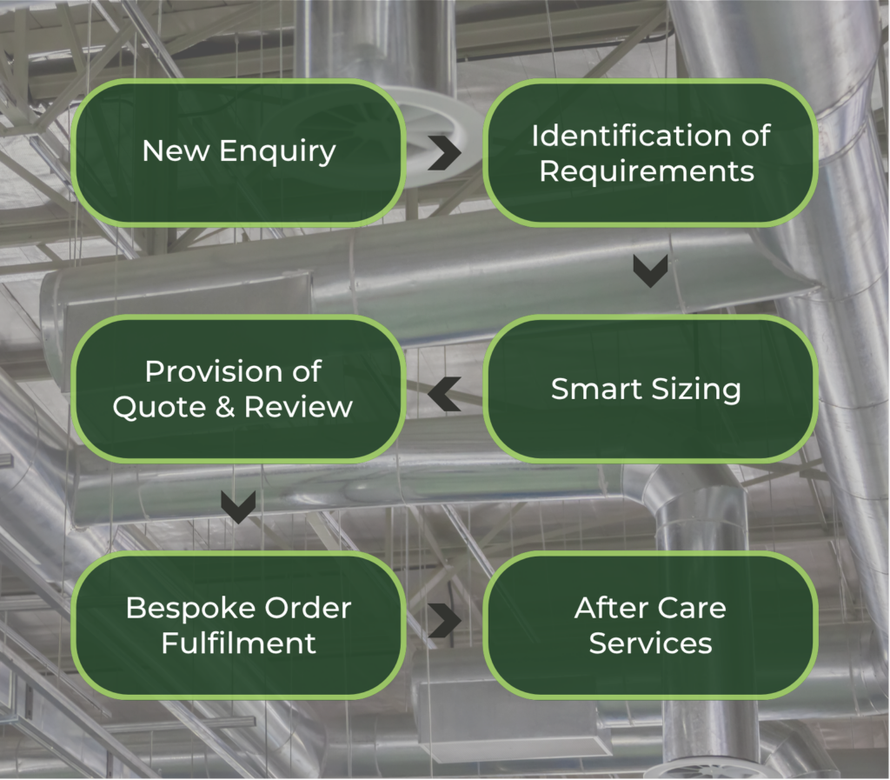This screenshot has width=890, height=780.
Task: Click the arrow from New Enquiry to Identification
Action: pyautogui.click(x=445, y=153)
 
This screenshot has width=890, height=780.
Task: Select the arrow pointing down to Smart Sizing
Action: pyautogui.click(x=650, y=270)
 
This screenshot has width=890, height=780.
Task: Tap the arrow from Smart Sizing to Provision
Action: pyautogui.click(x=444, y=392)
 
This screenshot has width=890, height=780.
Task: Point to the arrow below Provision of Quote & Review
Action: pyautogui.click(x=238, y=507)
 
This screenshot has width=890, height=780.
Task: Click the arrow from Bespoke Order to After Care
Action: pyautogui.click(x=445, y=621)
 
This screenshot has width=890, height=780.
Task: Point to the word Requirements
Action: pyautogui.click(x=647, y=170)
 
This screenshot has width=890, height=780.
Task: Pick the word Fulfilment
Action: pyautogui.click(x=239, y=643)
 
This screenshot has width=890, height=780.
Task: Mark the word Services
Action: pyautogui.click(x=650, y=643)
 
